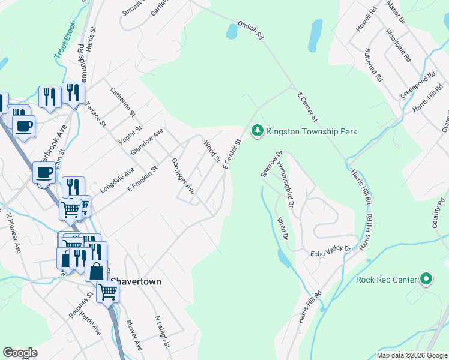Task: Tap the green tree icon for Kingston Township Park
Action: coord(258,130)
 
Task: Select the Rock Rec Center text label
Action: coord(386,280)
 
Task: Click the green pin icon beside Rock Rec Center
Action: coord(426,279)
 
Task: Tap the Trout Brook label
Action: coord(65,40)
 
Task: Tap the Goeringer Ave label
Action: coord(183,176)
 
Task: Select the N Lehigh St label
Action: coord(163,333)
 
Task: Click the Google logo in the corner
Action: coord(20,353)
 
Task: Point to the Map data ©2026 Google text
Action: coord(412,355)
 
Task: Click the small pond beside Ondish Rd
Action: coord(232,32)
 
